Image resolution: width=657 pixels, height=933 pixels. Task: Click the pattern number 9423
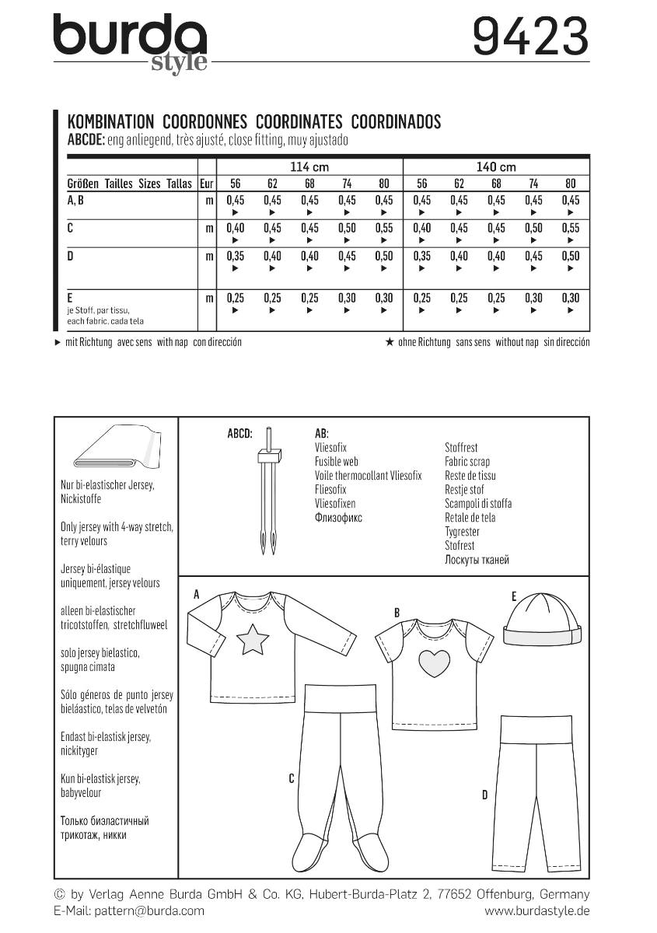pos(531,37)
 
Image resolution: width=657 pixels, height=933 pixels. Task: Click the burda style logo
pos(130,43)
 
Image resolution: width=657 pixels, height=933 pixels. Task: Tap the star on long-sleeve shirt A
pos(252,641)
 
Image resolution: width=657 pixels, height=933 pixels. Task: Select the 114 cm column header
pos(309,167)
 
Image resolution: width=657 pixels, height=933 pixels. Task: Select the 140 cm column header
pos(496,167)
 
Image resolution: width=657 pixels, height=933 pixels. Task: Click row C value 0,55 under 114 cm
pos(384,229)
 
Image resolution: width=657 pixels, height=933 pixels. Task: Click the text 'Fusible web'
pos(337,462)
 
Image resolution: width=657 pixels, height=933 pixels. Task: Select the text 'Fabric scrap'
pos(467,462)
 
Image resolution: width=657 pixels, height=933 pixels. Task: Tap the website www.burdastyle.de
pos(536,910)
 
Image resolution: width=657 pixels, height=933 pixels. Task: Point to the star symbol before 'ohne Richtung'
pos(390,342)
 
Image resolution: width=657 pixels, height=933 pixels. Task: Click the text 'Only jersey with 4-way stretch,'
pos(117,527)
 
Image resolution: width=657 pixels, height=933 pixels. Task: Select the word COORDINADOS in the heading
pos(396,121)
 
